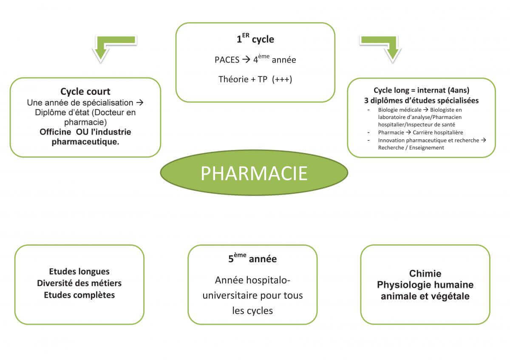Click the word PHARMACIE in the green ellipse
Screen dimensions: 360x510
[254, 173]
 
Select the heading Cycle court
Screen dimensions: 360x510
[85, 91]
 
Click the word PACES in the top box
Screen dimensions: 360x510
[227, 60]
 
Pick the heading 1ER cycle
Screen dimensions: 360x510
[255, 40]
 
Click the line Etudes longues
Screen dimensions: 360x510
[79, 272]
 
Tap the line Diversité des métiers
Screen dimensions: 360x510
[79, 283]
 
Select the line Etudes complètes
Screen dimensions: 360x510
[79, 295]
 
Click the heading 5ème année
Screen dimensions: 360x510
[252, 259]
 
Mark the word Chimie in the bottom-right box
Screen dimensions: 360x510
[425, 274]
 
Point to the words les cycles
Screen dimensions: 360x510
[252, 311]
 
